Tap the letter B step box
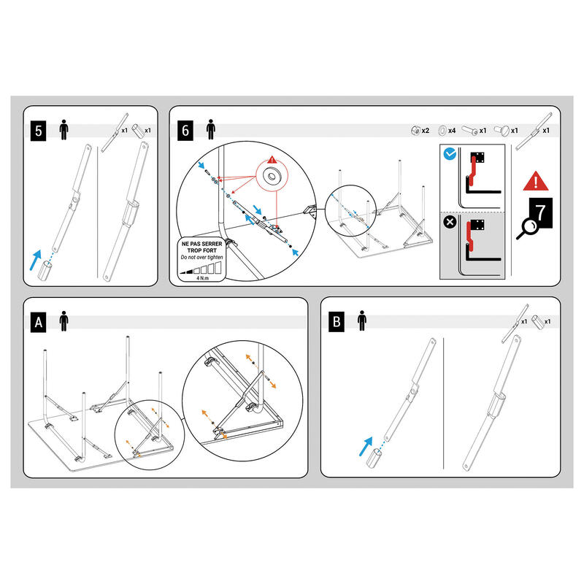337,320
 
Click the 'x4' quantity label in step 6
453,130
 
